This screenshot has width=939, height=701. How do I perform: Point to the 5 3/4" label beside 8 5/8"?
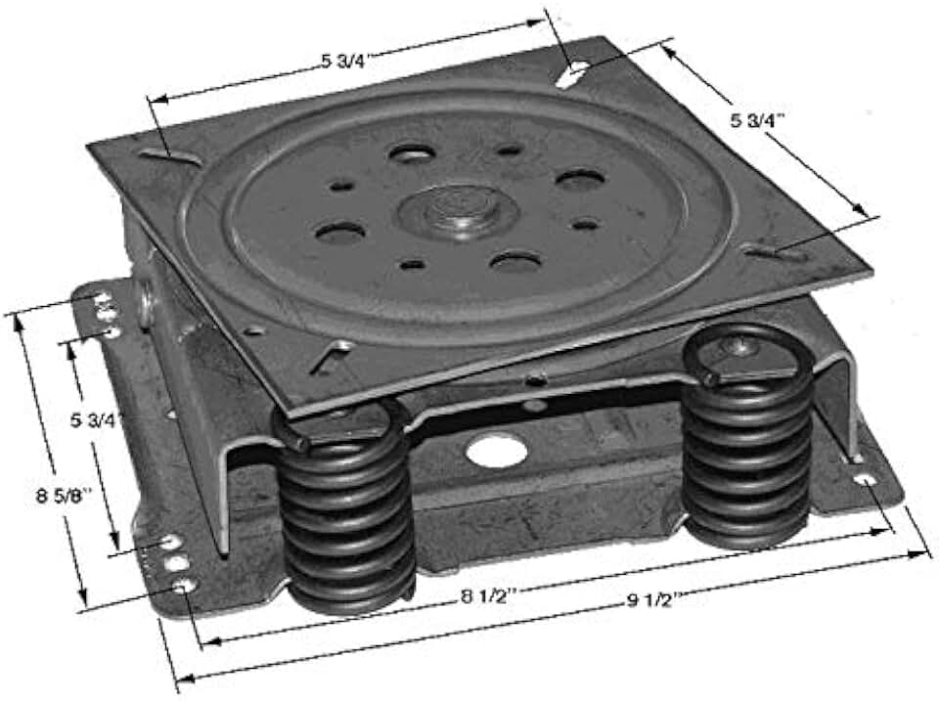coord(98,421)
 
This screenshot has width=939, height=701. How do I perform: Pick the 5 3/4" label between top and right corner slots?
coord(759,120)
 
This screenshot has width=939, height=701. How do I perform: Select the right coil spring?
coord(748,440)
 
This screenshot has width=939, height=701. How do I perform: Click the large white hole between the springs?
coord(496,451)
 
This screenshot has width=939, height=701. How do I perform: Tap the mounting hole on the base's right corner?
coord(864,479)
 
